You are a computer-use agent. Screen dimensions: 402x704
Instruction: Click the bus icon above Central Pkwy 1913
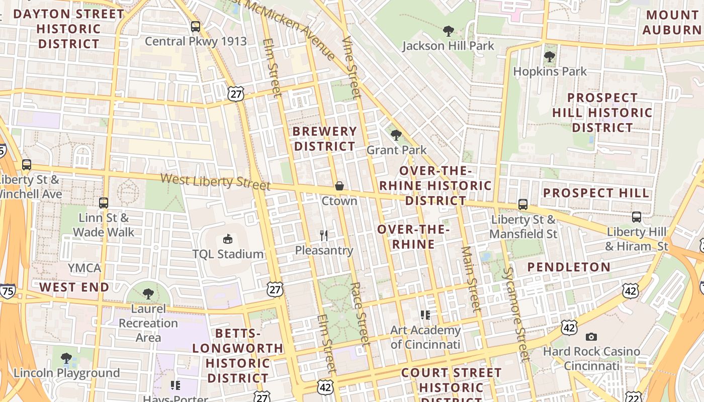196,27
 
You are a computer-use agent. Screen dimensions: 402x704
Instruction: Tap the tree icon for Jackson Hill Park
448,31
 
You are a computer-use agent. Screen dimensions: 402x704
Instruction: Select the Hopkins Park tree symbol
550,57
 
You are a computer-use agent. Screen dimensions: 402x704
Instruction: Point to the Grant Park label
396,150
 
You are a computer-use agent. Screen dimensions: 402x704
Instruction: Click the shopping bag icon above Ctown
339,186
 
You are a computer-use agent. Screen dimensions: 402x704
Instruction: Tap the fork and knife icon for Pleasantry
324,235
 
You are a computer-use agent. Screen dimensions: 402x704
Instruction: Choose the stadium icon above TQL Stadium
228,239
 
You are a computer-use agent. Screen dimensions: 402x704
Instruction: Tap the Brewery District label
324,139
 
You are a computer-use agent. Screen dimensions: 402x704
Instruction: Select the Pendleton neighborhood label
569,267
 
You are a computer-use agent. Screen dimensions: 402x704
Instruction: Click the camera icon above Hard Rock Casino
591,337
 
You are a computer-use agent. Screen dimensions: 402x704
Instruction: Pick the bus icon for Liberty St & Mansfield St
523,205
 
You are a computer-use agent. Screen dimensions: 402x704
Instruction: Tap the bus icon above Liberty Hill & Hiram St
637,217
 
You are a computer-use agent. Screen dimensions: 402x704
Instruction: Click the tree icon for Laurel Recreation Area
148,293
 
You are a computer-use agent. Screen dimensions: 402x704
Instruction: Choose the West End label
74,287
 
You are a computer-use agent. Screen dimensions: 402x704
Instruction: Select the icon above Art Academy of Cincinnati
425,315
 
